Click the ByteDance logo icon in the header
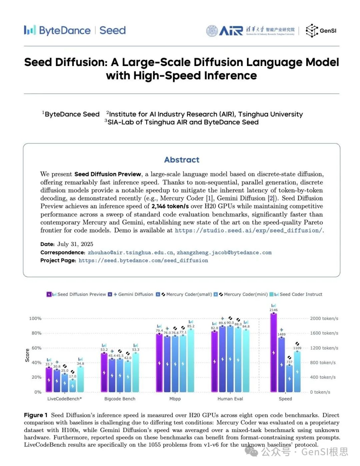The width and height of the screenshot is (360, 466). (x=29, y=30)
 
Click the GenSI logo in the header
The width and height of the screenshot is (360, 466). (x=321, y=31)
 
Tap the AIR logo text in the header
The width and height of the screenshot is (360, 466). (x=231, y=31)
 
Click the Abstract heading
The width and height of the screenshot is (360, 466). (x=182, y=160)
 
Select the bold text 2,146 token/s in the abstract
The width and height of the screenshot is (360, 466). (x=170, y=206)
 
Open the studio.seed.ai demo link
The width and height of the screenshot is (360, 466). (x=248, y=230)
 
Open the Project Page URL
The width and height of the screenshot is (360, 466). (x=143, y=261)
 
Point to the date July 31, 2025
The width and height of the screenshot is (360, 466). (x=75, y=244)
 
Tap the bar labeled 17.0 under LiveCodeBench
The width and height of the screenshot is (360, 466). (x=72, y=386)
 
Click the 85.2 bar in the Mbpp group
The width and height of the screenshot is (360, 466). (x=191, y=360)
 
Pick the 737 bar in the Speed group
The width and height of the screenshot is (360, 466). (x=289, y=378)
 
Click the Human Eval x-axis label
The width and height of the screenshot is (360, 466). (x=230, y=399)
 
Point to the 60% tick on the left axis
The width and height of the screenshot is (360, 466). (x=36, y=348)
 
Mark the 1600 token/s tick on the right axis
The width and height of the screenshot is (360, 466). (x=324, y=333)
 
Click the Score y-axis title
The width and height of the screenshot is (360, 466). (x=27, y=355)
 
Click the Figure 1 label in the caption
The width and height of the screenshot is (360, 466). (x=36, y=415)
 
